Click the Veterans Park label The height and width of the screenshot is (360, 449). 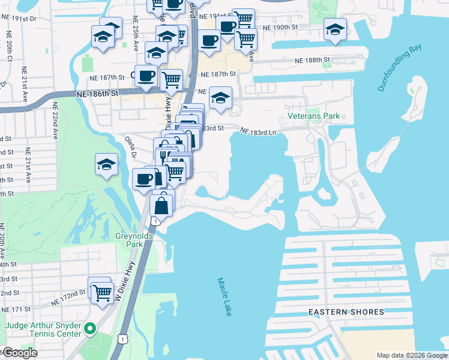pos(313,116)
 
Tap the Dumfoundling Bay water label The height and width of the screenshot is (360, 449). pos(400,70)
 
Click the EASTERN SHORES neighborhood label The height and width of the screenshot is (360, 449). pos(346,312)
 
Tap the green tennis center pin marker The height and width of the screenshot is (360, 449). pos(90,328)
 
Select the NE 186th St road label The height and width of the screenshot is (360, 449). pos(96,94)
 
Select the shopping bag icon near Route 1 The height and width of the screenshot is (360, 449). pos(161,206)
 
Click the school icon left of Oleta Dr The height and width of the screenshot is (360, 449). pos(106,164)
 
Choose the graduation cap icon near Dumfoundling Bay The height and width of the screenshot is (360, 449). pos(335,29)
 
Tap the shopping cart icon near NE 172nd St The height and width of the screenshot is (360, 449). pos(102,292)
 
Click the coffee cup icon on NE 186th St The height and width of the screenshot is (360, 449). pos(146,76)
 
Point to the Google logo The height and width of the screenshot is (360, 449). pos(19,353)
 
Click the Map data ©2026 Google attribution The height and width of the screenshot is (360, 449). pos(411,355)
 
